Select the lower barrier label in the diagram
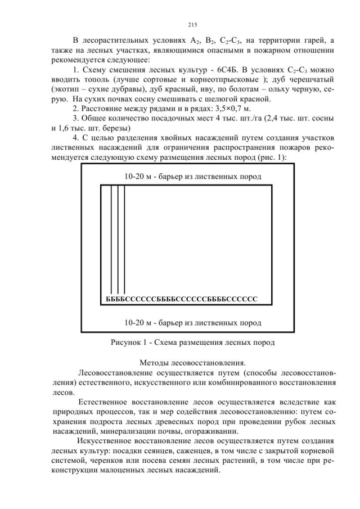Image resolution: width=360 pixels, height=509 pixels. click(x=193, y=323)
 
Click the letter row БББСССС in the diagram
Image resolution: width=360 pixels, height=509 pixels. click(x=181, y=298)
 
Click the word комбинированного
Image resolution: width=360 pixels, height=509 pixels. click(x=232, y=382)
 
